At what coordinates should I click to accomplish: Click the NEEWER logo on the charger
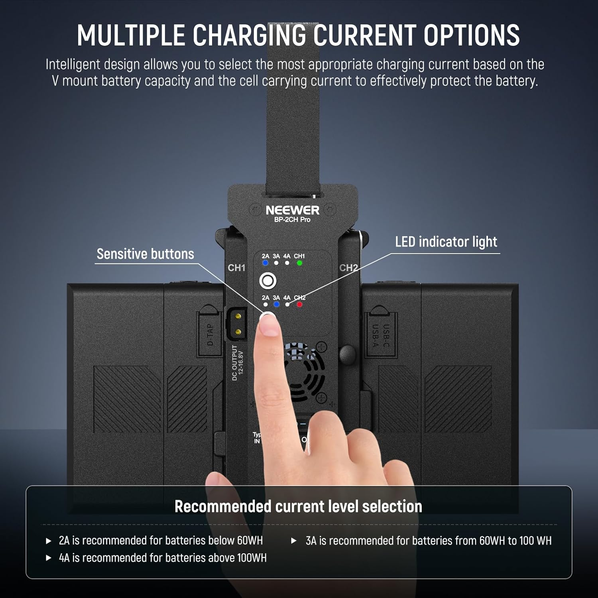tap(292, 210)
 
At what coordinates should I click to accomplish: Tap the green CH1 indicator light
tap(299, 263)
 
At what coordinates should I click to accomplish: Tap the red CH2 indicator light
tap(299, 305)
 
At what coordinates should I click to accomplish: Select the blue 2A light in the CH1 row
tap(266, 263)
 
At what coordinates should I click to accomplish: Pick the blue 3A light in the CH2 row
tap(276, 305)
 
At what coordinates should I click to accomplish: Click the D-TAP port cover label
tap(210, 334)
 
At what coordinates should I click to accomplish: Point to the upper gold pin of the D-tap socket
tap(238, 317)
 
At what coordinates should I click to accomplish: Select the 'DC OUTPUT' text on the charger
tap(235, 363)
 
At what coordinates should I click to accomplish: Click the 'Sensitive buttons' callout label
tap(145, 254)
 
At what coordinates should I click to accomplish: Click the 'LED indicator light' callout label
tap(446, 242)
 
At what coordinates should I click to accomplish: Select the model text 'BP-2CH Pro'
tap(292, 220)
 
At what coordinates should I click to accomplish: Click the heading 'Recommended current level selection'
tap(298, 506)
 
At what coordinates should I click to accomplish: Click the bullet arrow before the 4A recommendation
tap(49, 558)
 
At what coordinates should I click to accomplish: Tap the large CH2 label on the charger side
tap(348, 268)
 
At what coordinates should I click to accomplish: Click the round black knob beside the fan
tap(347, 353)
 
